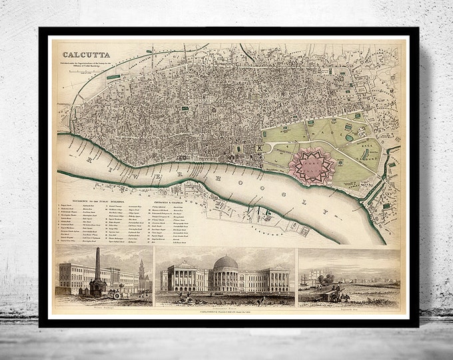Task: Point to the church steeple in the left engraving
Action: click(142, 265)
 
